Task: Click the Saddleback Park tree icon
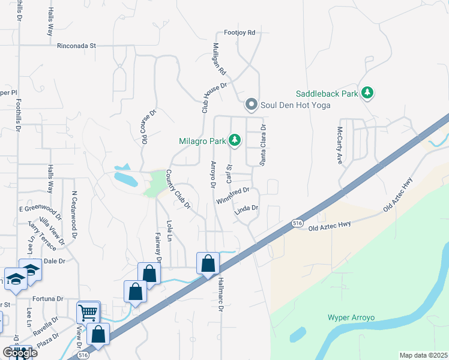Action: [367, 93]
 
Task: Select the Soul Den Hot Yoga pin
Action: [252, 106]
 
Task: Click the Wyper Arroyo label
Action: [351, 317]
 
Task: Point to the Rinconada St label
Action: [76, 46]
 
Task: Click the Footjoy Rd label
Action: [240, 32]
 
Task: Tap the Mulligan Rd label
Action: [219, 59]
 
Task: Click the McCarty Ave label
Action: [339, 145]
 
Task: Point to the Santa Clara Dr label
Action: [262, 145]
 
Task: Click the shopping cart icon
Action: [88, 312]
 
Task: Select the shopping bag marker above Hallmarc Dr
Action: [208, 263]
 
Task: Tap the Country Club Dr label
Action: [178, 190]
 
